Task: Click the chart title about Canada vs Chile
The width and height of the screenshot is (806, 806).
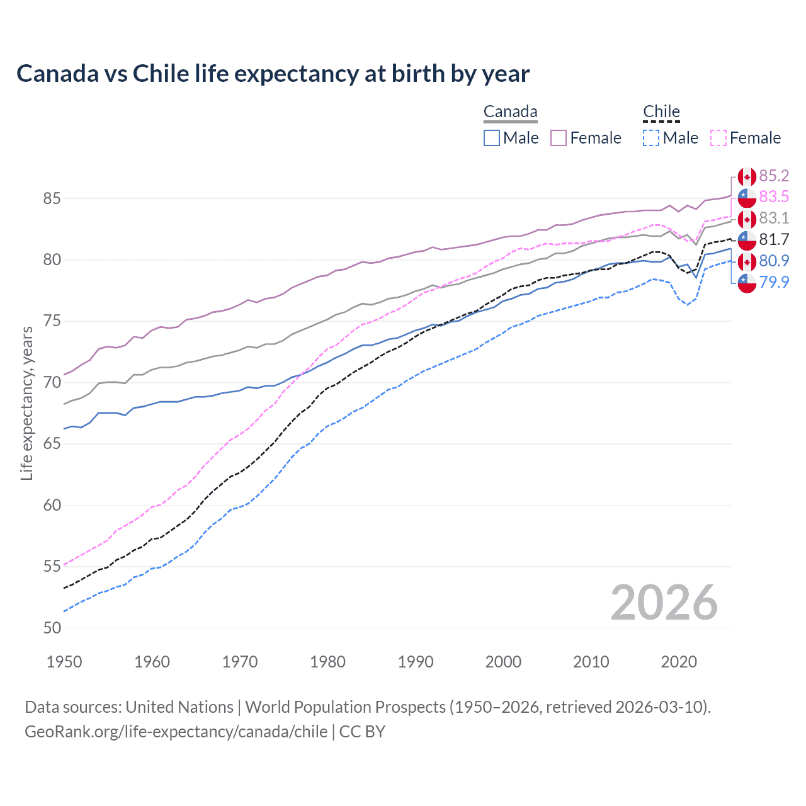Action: (273, 74)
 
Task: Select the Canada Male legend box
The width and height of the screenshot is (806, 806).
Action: (492, 138)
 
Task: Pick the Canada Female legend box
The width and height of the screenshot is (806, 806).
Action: (559, 138)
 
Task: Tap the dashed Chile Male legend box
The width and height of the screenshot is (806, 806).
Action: (651, 138)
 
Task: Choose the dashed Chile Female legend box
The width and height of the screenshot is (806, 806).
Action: (718, 138)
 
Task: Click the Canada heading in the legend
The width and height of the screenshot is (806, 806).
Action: (510, 112)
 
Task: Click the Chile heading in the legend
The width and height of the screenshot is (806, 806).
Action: (661, 112)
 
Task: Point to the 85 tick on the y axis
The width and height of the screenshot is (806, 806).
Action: (52, 198)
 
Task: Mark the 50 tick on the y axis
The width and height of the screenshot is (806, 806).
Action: (52, 628)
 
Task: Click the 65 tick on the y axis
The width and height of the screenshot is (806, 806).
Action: (52, 444)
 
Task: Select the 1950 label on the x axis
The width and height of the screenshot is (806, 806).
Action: (64, 662)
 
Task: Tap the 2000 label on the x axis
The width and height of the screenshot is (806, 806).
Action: (502, 662)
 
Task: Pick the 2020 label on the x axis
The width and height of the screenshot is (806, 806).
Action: (678, 662)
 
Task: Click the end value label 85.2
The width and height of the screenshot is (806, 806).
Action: (774, 176)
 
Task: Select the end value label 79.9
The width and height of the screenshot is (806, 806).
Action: (774, 282)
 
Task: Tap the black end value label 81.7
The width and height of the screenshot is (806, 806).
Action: (774, 239)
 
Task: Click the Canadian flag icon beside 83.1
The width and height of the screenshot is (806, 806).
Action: (747, 219)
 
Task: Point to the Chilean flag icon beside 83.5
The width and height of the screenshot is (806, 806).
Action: (747, 198)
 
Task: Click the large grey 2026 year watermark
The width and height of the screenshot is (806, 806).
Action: (664, 603)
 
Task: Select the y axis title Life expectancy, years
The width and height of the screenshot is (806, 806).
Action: (27, 403)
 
